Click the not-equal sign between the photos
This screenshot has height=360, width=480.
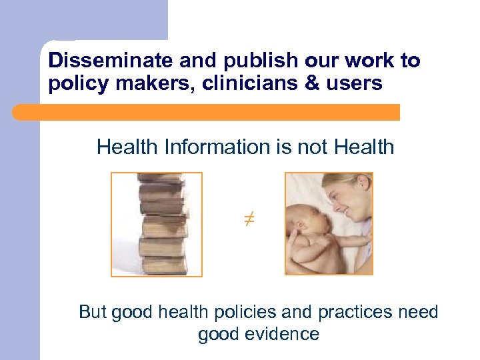point(249,218)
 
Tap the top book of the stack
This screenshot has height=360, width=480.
point(159,179)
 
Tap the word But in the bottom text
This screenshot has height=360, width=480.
point(93,312)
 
